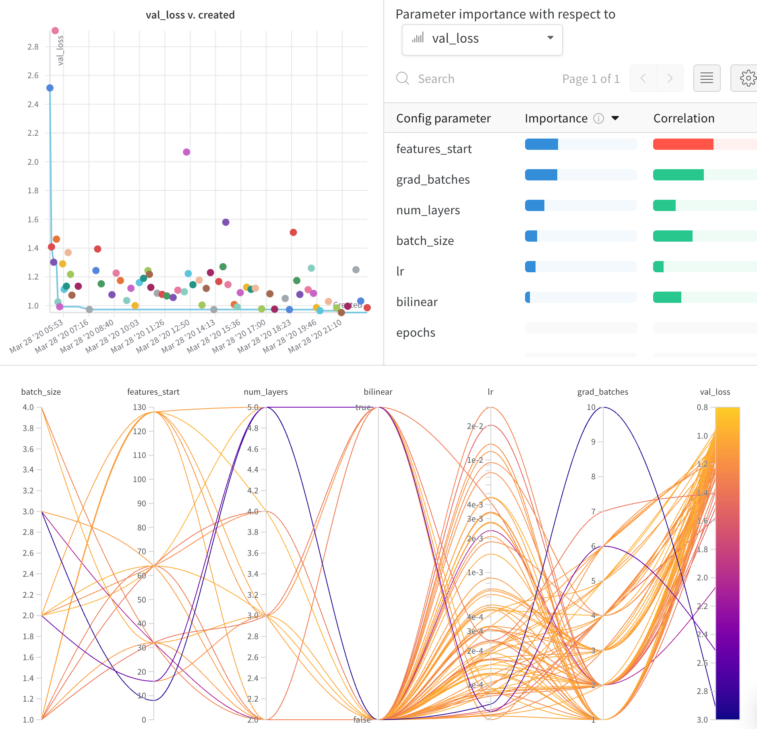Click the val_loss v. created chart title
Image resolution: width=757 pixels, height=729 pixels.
[x=190, y=15]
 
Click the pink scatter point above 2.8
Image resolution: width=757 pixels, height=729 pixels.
[x=55, y=31]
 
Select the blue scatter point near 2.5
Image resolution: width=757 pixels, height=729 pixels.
[x=50, y=88]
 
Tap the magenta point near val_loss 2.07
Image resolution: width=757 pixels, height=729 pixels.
[x=186, y=152]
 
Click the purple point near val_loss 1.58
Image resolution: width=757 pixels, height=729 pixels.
[x=225, y=222]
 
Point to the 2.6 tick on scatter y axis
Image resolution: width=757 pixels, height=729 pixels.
[x=33, y=75]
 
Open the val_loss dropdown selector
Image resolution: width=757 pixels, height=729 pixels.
[x=482, y=39]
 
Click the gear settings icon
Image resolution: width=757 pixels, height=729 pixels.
[x=748, y=78]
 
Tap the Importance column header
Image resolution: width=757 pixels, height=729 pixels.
[x=556, y=118]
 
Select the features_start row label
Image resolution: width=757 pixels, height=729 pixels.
[x=434, y=149]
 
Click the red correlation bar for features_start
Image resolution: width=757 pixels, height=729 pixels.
[x=683, y=144]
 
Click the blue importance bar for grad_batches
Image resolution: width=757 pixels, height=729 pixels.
[x=541, y=175]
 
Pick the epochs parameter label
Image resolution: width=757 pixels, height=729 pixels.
[x=416, y=333]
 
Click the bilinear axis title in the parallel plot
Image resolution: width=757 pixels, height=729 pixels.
[x=378, y=392]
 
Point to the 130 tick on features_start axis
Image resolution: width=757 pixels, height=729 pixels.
[x=140, y=407]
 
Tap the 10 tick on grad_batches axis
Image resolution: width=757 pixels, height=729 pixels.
[x=591, y=407]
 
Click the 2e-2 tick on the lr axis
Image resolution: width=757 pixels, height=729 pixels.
[x=475, y=426]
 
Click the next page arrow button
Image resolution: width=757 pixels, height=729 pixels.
[x=670, y=78]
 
